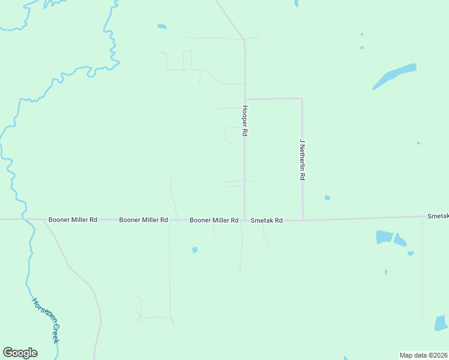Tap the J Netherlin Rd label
pyautogui.click(x=303, y=161)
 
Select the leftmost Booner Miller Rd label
pyautogui.click(x=73, y=220)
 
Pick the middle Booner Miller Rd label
pyautogui.click(x=143, y=220)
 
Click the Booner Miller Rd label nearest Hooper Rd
pyautogui.click(x=214, y=220)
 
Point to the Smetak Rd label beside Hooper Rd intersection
pyautogui.click(x=267, y=220)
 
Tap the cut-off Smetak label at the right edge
pyautogui.click(x=438, y=215)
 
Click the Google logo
pyautogui.click(x=20, y=353)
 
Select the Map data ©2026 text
pyautogui.click(x=423, y=355)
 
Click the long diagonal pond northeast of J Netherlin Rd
pyautogui.click(x=394, y=76)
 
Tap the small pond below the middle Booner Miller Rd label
pyautogui.click(x=194, y=250)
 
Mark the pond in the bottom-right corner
pyautogui.click(x=441, y=324)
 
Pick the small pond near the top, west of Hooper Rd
pyautogui.click(x=161, y=26)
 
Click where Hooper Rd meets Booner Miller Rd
pyautogui.click(x=244, y=220)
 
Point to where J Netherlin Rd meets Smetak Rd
pyautogui.click(x=302, y=220)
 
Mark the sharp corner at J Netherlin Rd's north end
pyautogui.click(x=301, y=99)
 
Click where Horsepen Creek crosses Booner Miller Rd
pyautogui.click(x=25, y=220)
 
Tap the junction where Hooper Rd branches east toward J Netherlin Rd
pyautogui.click(x=244, y=99)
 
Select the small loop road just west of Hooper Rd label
pyautogui.click(x=229, y=136)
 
